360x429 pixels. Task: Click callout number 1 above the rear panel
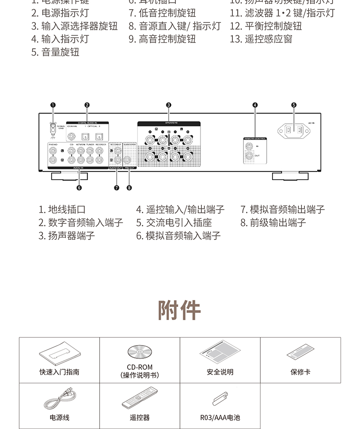(53, 105)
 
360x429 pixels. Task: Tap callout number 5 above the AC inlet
(293, 105)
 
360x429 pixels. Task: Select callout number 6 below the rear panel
(79, 187)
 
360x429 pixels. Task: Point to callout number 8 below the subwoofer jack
(129, 187)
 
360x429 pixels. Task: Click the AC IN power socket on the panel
(293, 131)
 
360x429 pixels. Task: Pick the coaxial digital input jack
(72, 136)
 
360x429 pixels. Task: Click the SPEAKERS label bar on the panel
(169, 123)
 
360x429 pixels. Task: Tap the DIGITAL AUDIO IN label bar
(87, 123)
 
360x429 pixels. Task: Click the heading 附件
(180, 310)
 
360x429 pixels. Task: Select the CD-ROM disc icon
(139, 352)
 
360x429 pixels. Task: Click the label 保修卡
(300, 372)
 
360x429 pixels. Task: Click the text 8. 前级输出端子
(273, 223)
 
